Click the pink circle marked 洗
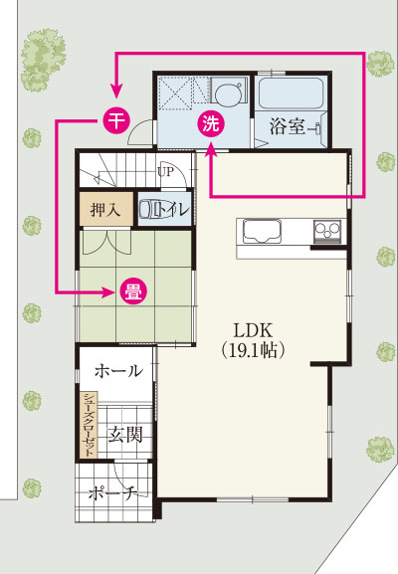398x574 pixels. pos(211,123)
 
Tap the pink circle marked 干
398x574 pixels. pos(114,120)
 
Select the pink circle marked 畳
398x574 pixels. pos(130,291)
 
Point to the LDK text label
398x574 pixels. pos(254,331)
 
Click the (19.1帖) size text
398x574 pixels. pos(254,351)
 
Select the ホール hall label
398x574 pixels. pos(117,371)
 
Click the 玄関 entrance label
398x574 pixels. pos(123,434)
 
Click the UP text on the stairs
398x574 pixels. pos(165,171)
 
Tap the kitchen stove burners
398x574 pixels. pos(327,232)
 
